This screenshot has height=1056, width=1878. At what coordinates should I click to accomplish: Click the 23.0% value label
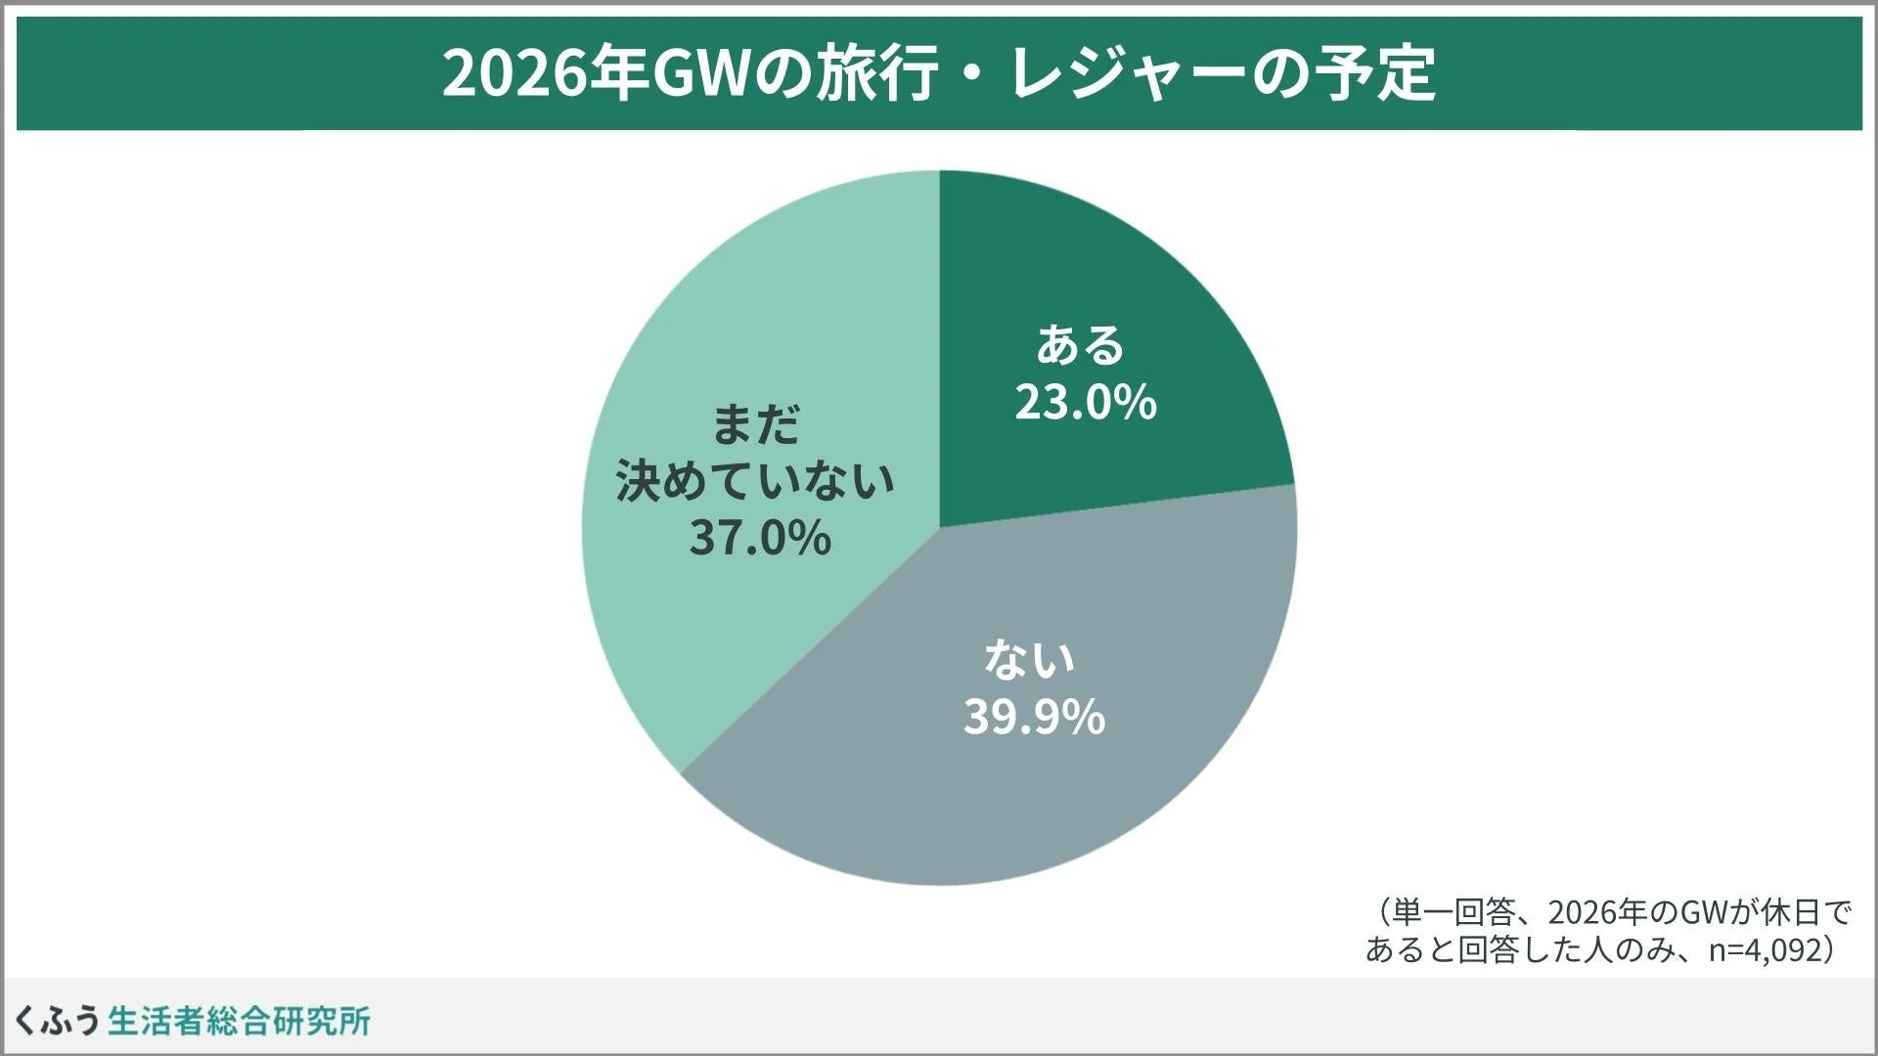click(x=1086, y=402)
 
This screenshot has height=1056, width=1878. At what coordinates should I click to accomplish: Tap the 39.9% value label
click(x=1034, y=717)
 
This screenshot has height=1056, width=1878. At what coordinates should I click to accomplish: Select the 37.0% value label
click(x=760, y=538)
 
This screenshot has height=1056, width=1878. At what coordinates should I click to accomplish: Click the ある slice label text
click(x=1081, y=344)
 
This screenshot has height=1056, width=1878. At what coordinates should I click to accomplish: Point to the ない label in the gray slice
click(x=1029, y=659)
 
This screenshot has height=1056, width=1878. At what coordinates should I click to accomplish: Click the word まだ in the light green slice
click(x=755, y=424)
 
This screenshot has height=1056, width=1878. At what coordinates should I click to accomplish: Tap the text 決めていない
click(x=755, y=481)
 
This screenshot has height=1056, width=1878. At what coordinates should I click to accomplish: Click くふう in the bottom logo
click(x=57, y=1021)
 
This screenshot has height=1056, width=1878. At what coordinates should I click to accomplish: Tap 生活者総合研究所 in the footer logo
click(x=239, y=1021)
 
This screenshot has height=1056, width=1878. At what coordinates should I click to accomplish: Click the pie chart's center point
click(x=940, y=528)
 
